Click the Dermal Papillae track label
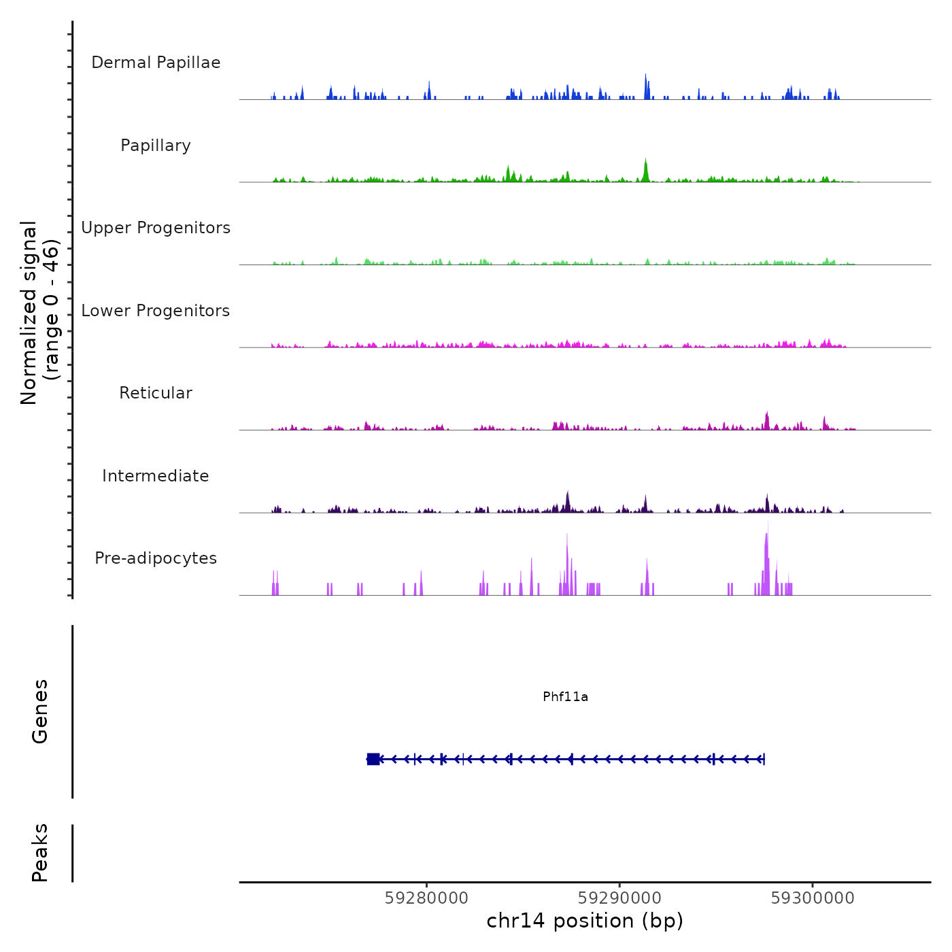tap(156, 63)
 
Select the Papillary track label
tap(156, 146)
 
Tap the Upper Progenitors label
tap(156, 228)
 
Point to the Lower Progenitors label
tap(156, 311)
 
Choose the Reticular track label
tap(156, 393)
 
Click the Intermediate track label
tap(156, 476)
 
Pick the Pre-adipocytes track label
tap(156, 558)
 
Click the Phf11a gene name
tap(565, 697)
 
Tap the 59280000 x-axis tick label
tap(426, 898)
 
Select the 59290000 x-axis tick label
tap(619, 898)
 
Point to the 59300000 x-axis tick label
tap(813, 898)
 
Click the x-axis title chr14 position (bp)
tap(585, 921)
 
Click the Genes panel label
tap(40, 711)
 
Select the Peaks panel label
tap(40, 853)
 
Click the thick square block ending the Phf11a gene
tap(373, 759)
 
